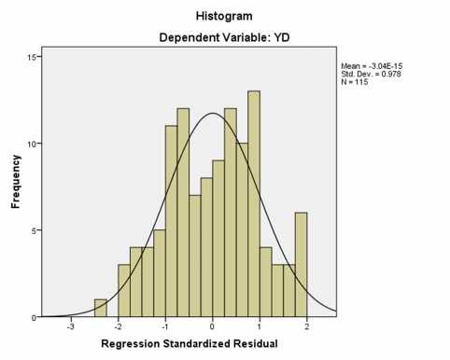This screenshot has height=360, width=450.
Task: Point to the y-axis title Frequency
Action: pyautogui.click(x=16, y=187)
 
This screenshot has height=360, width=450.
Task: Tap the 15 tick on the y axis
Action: pyautogui.click(x=31, y=58)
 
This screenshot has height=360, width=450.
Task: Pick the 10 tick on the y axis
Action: pyautogui.click(x=31, y=144)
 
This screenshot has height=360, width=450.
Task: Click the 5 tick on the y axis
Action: pyautogui.click(x=34, y=230)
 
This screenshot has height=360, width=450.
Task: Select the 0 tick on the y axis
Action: pyautogui.click(x=34, y=317)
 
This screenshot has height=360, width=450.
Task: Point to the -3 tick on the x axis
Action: pyautogui.click(x=70, y=327)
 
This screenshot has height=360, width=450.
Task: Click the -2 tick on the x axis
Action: pyautogui.click(x=117, y=327)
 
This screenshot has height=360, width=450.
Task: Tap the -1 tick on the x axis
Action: pyautogui.click(x=164, y=327)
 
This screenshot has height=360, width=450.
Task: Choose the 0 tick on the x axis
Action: pyautogui.click(x=213, y=327)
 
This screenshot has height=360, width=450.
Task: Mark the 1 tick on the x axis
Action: pyautogui.click(x=260, y=327)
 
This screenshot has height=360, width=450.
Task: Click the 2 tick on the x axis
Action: pyautogui.click(x=307, y=327)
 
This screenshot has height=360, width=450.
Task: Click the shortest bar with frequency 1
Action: pyautogui.click(x=101, y=308)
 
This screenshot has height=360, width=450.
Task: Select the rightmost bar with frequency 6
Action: pyautogui.click(x=301, y=265)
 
